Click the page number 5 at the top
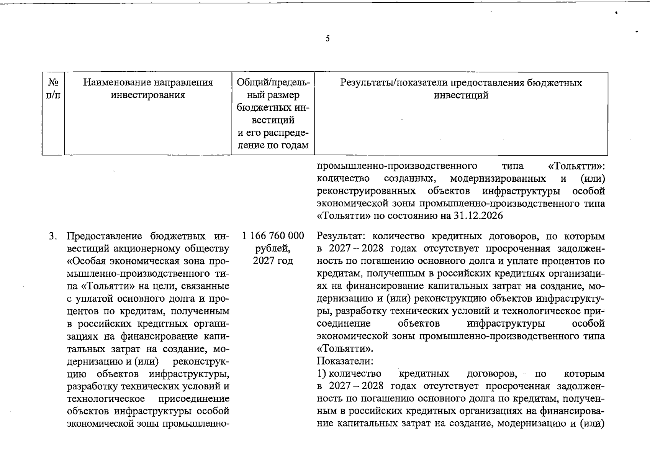[327, 39]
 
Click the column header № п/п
[53, 89]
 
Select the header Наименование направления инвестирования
[148, 89]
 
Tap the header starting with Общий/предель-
[273, 114]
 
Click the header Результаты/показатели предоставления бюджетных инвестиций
[461, 89]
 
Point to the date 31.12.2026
[478, 216]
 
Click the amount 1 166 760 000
[273, 235]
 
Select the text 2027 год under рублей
[273, 261]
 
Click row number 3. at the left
[53, 236]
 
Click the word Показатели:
[345, 361]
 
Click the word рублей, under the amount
[273, 248]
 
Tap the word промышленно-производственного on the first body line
[397, 166]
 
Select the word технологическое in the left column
[106, 399]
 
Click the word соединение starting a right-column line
[344, 324]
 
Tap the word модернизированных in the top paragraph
[498, 179]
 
